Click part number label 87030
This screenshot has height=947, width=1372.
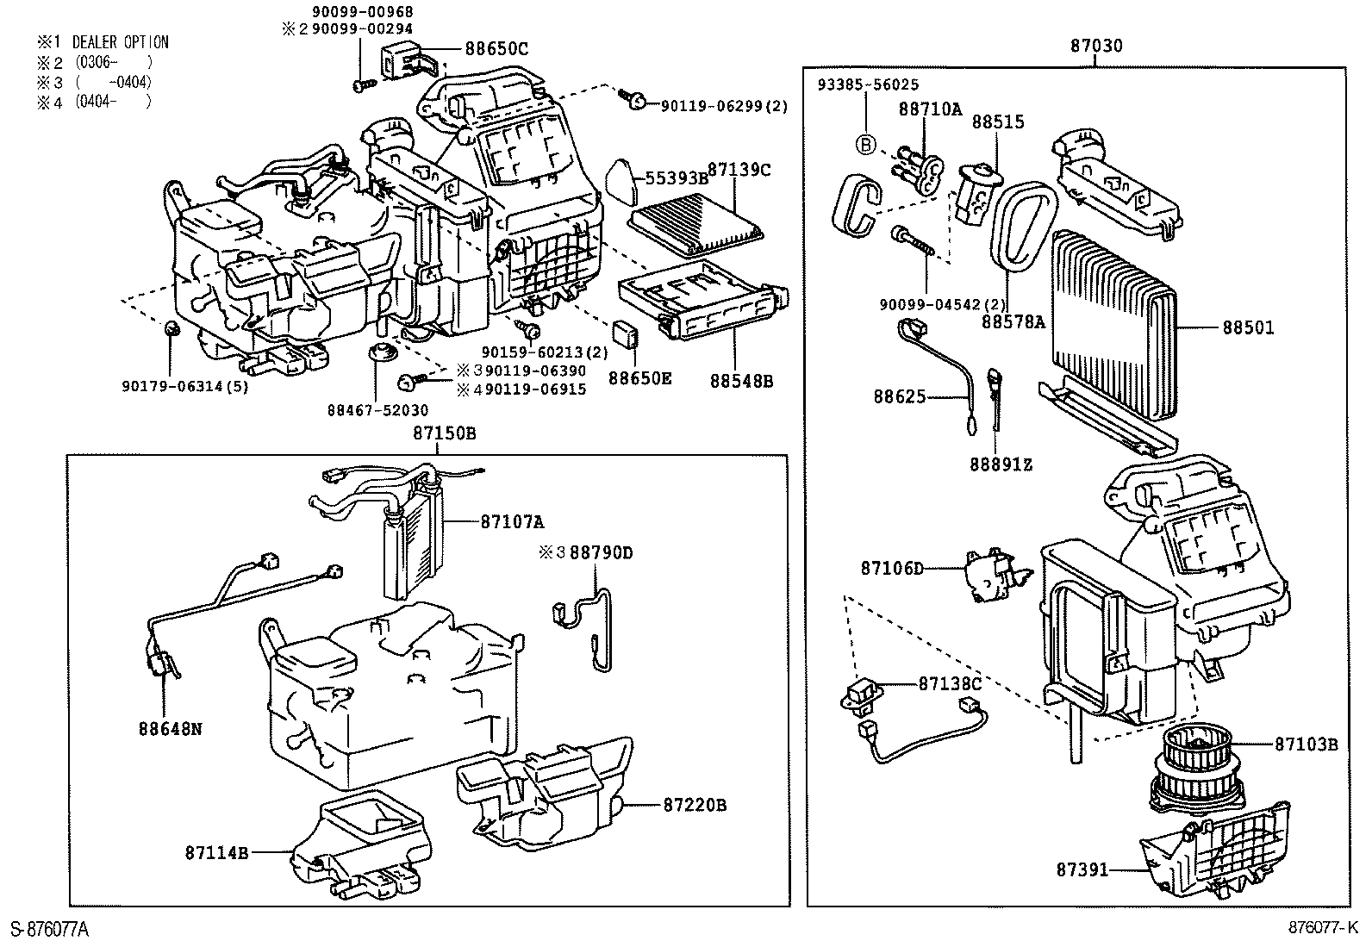(x=1096, y=47)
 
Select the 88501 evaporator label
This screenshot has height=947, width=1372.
(x=1247, y=328)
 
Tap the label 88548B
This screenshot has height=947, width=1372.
(x=741, y=380)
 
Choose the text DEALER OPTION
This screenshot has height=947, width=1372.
(x=120, y=42)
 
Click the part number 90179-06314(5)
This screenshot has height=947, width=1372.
(x=184, y=387)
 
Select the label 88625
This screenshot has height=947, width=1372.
(x=899, y=396)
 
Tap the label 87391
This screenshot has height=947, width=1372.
(x=1082, y=870)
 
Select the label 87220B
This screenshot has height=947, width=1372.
(x=695, y=805)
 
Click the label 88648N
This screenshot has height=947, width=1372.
(x=170, y=728)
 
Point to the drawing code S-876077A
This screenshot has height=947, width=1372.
(x=49, y=929)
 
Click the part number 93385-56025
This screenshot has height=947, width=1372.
(x=868, y=84)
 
